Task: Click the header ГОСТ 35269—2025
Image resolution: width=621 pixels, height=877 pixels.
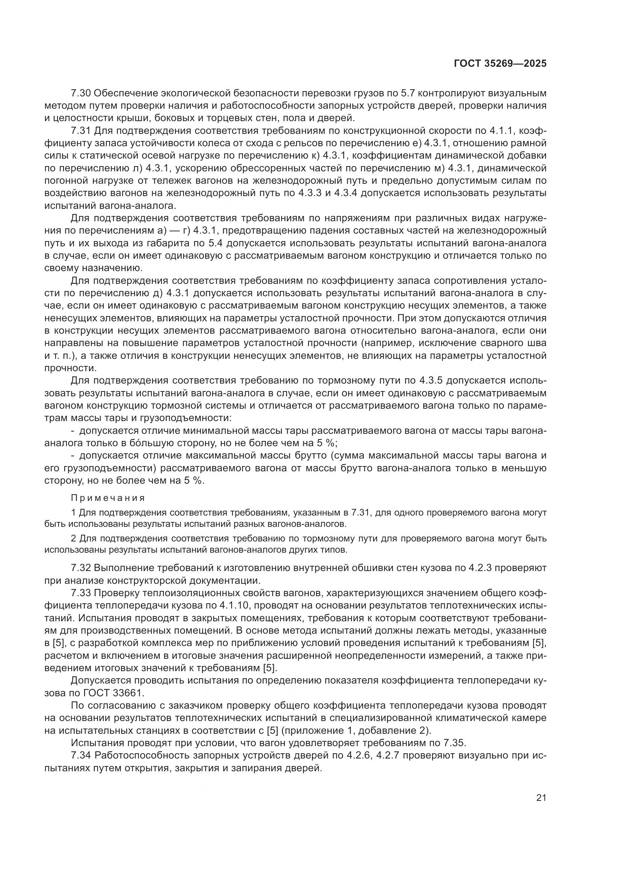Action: click(500, 63)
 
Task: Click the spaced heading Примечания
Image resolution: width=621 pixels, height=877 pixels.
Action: click(108, 498)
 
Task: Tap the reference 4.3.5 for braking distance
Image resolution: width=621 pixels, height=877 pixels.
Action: click(431, 381)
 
